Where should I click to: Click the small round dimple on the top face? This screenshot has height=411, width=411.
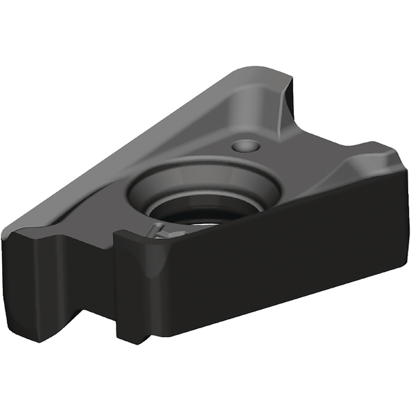point(246,146)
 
